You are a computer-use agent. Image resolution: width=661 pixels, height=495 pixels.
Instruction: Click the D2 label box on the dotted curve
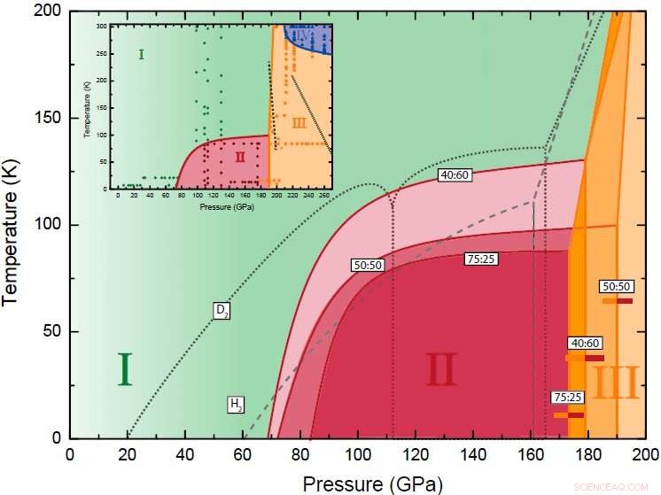(222, 310)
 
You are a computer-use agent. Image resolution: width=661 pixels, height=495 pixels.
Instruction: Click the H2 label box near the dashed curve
(236, 405)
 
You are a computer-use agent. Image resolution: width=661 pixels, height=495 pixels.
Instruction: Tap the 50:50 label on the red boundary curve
(369, 265)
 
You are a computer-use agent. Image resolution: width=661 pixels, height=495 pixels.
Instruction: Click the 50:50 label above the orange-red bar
(617, 287)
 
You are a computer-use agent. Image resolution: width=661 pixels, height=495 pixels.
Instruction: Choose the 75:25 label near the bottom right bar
(568, 398)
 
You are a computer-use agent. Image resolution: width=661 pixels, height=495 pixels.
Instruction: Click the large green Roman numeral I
(124, 370)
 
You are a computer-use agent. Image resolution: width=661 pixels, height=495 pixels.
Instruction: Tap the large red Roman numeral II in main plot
(440, 371)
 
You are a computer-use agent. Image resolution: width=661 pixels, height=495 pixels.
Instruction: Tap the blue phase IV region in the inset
(306, 37)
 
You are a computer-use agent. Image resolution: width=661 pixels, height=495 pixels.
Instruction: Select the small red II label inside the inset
(239, 156)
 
